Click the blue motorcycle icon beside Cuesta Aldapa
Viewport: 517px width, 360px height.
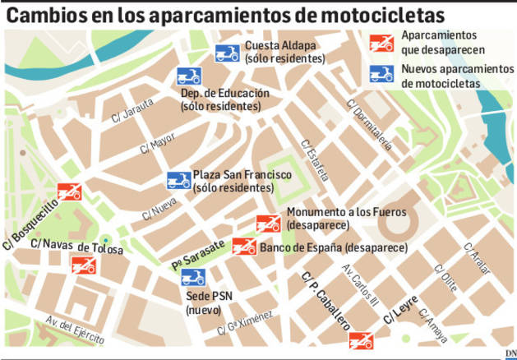227,54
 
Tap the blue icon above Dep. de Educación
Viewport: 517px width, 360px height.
189,78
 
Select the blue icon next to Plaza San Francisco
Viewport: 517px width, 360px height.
178,180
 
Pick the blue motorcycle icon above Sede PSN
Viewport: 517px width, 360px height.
194,276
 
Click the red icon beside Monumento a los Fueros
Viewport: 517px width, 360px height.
269,223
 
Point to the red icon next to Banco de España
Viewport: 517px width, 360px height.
244,246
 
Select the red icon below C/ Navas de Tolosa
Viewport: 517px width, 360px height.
84,265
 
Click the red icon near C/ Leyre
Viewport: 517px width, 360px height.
361,339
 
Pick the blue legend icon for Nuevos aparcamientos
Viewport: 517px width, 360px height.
381,74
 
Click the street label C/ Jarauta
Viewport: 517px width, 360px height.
128,108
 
